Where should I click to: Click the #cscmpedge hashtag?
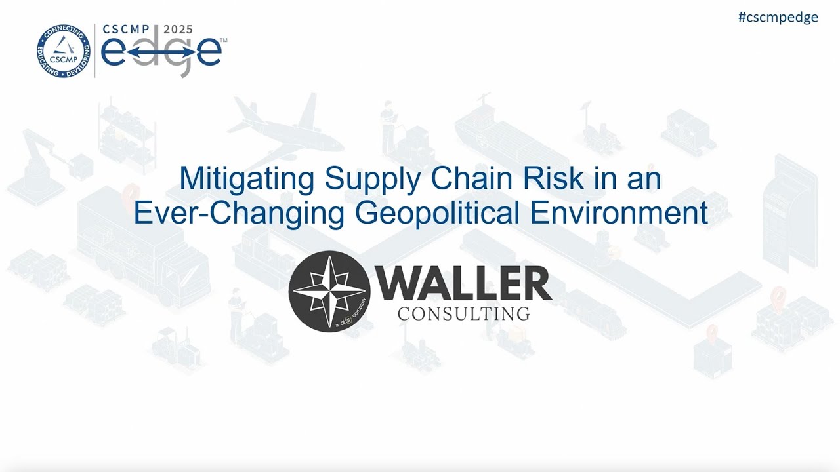778,18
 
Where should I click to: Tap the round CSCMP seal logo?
63,51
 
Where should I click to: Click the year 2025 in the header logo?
178,29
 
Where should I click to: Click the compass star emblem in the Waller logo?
329,291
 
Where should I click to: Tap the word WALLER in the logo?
463,285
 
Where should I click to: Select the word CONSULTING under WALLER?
463,313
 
